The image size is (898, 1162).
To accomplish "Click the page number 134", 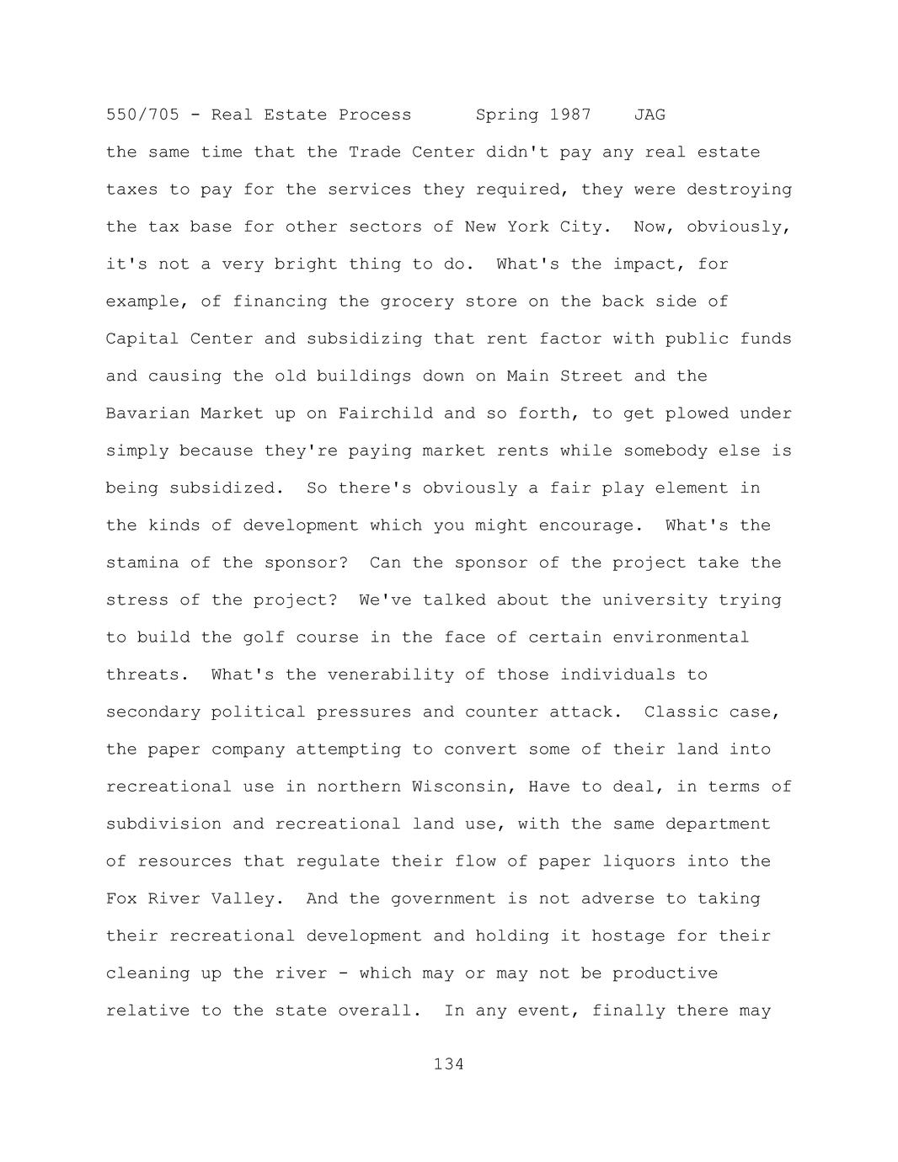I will point(448,1064).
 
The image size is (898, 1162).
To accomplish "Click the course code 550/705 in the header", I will point(142,115).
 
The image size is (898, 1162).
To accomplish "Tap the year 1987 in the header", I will point(570,115).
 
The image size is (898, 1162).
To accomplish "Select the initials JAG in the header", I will point(649,115).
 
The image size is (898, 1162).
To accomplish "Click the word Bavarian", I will point(147,413).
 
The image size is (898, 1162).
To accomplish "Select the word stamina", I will point(142,562).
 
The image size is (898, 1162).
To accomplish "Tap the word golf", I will point(264,637).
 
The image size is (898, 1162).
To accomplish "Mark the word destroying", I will point(739,189).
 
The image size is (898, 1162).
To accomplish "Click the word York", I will point(527,227).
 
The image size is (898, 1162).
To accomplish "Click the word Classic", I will point(681,712).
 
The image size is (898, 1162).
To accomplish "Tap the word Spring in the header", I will point(506,115).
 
